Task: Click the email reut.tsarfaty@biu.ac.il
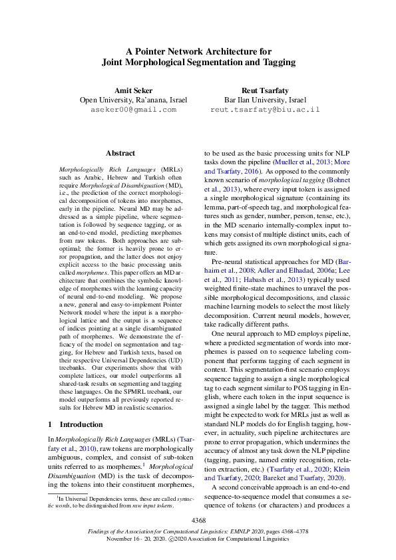click(x=265, y=110)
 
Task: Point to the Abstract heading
click(x=120, y=153)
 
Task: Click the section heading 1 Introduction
click(x=76, y=424)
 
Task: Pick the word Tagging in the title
click(x=278, y=63)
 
